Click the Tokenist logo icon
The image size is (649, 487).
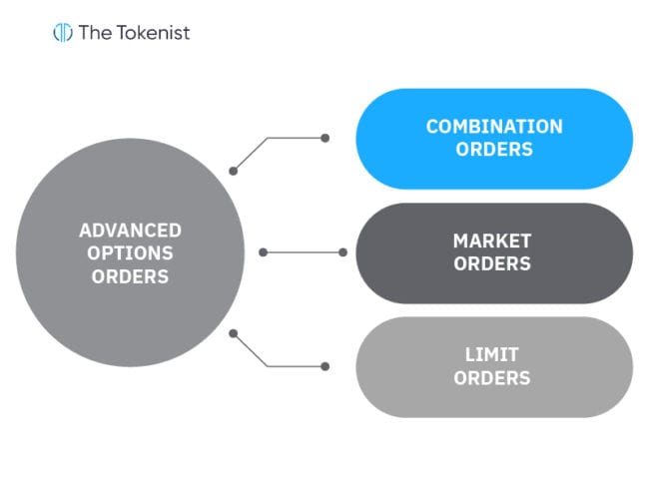pyautogui.click(x=63, y=32)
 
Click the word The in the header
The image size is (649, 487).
pyautogui.click(x=96, y=32)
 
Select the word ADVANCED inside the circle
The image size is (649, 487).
pyautogui.click(x=130, y=231)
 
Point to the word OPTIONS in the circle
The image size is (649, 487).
pyautogui.click(x=130, y=253)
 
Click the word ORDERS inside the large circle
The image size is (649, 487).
pyautogui.click(x=130, y=276)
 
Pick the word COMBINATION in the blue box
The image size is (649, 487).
pyautogui.click(x=493, y=127)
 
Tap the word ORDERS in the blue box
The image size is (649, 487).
pyautogui.click(x=493, y=150)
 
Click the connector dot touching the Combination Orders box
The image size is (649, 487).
pyautogui.click(x=325, y=139)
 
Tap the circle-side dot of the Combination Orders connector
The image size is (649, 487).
pyautogui.click(x=234, y=171)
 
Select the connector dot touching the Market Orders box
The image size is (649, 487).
pyautogui.click(x=341, y=252)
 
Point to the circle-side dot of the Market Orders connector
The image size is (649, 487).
pyautogui.click(x=263, y=252)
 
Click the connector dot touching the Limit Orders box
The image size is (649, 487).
pyautogui.click(x=325, y=366)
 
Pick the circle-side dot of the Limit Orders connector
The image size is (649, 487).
pyautogui.click(x=234, y=333)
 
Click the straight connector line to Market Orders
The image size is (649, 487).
pyautogui.click(x=302, y=252)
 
